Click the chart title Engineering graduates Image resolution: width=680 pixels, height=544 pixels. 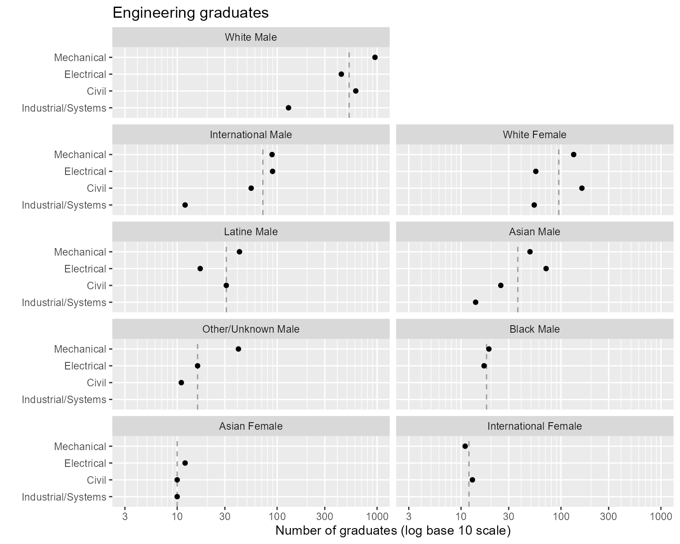click(190, 13)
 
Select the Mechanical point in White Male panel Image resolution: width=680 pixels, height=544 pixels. click(375, 57)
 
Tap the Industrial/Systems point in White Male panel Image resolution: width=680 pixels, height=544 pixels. click(289, 108)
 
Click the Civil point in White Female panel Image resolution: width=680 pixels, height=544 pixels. click(582, 188)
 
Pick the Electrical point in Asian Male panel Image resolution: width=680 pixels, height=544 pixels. click(546, 268)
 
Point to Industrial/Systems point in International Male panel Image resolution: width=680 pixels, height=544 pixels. click(185, 205)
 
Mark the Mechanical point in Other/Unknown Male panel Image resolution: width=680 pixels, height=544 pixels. click(239, 349)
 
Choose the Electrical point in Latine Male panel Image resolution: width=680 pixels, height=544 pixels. click(200, 268)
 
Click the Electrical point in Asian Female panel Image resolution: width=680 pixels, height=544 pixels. click(185, 463)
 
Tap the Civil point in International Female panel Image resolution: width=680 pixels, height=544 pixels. click(472, 480)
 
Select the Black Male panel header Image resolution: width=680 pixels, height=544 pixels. click(534, 329)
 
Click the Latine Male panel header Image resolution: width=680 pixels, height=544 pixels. click(251, 232)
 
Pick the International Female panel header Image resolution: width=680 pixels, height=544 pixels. click(534, 426)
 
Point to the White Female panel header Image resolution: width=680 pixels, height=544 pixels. click(534, 135)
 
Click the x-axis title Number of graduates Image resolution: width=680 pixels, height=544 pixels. click(393, 531)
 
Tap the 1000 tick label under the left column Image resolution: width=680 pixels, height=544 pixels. click(377, 517)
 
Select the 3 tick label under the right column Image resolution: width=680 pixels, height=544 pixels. click(408, 517)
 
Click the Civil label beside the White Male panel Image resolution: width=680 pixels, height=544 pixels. click(97, 91)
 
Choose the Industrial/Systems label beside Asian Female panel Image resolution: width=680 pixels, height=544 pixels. click(64, 497)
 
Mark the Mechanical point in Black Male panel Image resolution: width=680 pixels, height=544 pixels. click(489, 349)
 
